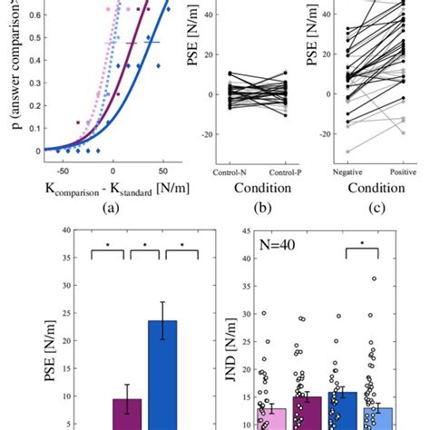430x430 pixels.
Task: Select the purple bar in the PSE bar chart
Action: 127,414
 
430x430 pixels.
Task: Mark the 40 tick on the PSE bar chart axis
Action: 66,230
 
